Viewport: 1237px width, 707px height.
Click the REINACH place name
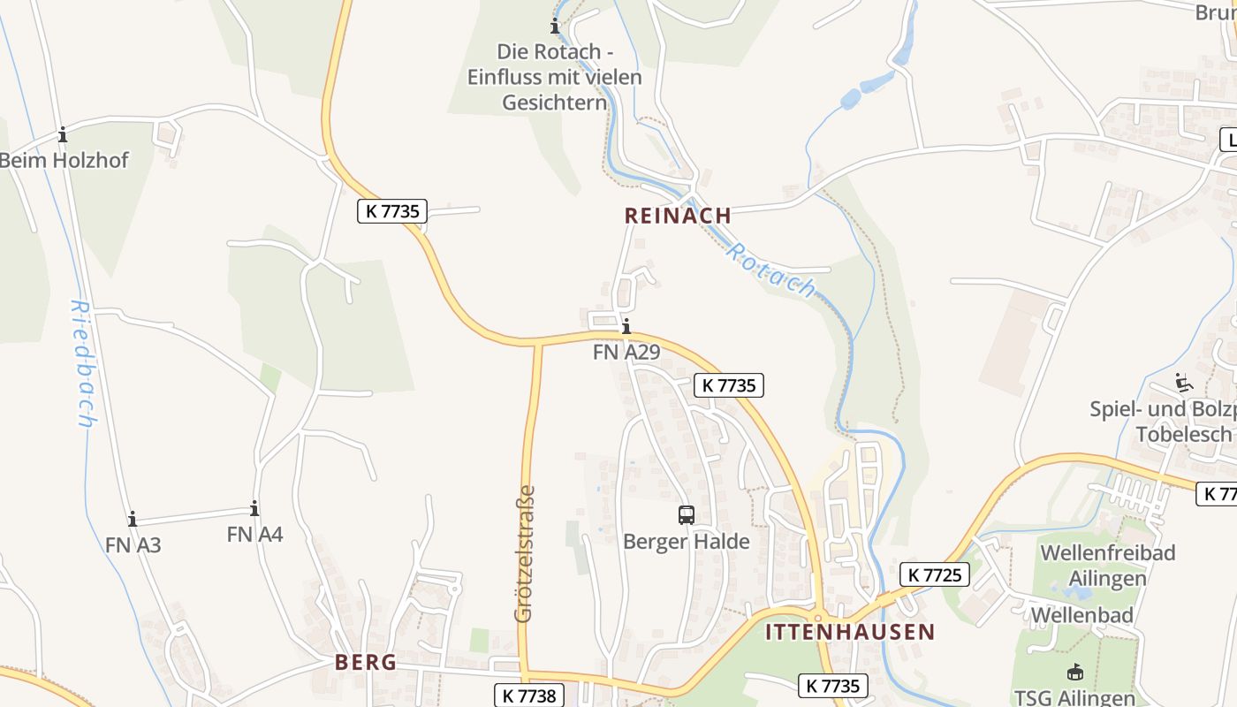[678, 216]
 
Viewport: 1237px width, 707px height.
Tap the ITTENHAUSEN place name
[849, 632]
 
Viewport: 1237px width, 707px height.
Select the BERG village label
[365, 663]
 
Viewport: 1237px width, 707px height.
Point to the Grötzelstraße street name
[524, 553]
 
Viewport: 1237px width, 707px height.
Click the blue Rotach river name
[770, 270]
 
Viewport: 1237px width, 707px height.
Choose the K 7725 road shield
[935, 575]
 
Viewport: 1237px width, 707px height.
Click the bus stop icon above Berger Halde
[686, 514]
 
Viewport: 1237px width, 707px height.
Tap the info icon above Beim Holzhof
[63, 135]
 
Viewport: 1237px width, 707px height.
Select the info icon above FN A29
[626, 326]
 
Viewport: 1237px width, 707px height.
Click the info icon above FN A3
[133, 519]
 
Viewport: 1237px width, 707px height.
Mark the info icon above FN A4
[254, 508]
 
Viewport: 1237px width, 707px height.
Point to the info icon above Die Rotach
[555, 26]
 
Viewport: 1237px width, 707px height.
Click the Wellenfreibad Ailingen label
[1107, 566]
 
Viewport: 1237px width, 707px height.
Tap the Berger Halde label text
[686, 542]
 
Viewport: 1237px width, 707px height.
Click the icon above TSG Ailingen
[1074, 672]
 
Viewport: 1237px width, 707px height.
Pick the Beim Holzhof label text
[64, 161]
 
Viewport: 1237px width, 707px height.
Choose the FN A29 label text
[626, 352]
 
